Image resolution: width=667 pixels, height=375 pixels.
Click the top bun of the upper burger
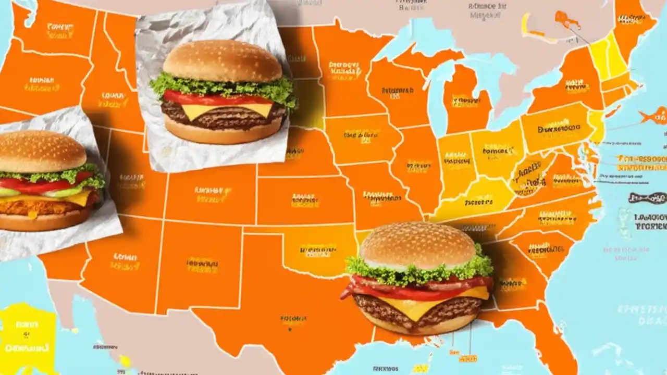click(222, 60)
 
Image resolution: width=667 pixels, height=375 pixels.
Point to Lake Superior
click(417, 39)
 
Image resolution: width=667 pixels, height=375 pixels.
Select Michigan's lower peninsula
click(466, 99)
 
